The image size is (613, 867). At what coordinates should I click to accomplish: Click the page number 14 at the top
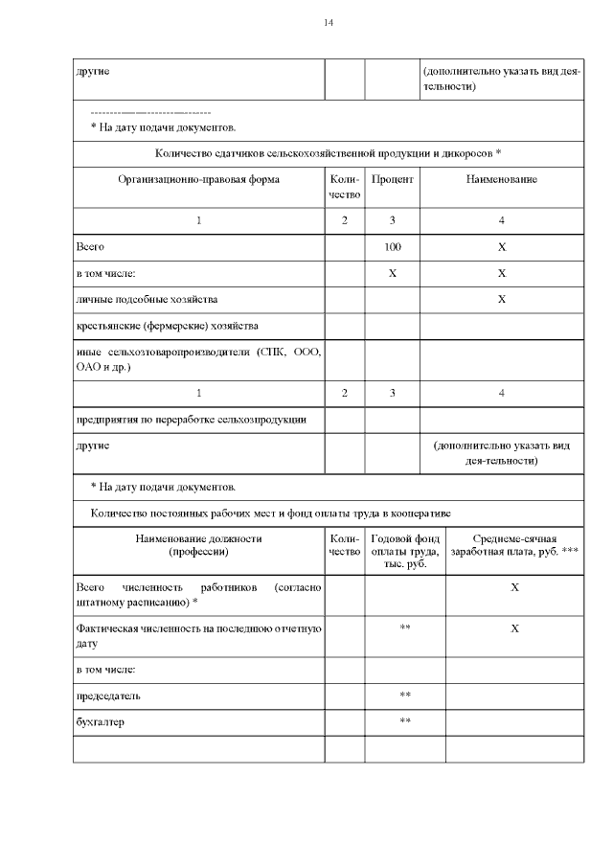(x=329, y=22)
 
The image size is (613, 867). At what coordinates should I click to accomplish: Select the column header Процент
(x=392, y=180)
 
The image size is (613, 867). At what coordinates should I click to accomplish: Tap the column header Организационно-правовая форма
(x=199, y=180)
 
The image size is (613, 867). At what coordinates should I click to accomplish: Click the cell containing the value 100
(x=392, y=246)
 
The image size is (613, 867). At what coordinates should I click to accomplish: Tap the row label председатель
(x=114, y=695)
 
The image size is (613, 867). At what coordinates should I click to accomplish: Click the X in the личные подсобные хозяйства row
(x=501, y=299)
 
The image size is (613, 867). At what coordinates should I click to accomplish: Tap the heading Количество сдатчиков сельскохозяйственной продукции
(x=329, y=153)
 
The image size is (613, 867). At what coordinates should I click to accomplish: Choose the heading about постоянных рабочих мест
(x=264, y=513)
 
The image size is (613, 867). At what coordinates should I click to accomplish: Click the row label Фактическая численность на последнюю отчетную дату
(x=198, y=636)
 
